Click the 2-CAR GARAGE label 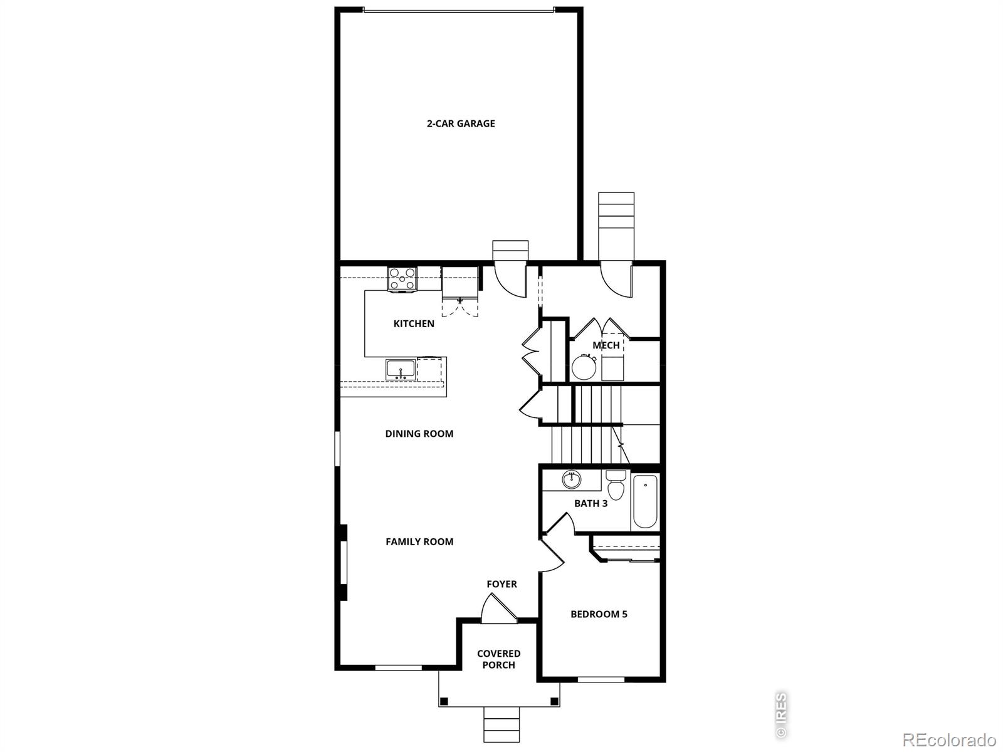[461, 123]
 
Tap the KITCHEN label [414, 324]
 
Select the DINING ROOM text [419, 434]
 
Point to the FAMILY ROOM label [419, 541]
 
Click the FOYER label [501, 584]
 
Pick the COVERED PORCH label [499, 659]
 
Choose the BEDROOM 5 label [599, 614]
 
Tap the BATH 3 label [591, 503]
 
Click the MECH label [606, 345]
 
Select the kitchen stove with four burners [402, 278]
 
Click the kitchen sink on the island [399, 370]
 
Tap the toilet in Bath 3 [616, 485]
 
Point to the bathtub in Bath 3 [645, 501]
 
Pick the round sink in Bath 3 [570, 480]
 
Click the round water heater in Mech [584, 367]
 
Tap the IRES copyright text [781, 714]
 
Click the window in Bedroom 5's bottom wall [601, 679]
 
